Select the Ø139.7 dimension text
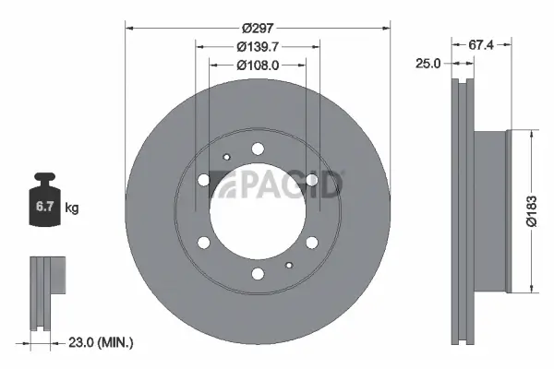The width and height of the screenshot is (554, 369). click(258, 46)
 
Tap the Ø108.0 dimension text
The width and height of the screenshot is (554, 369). click(258, 65)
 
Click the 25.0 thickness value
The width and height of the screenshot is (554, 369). click(428, 64)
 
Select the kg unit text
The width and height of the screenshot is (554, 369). click(71, 208)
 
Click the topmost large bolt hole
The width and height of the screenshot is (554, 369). click(258, 149)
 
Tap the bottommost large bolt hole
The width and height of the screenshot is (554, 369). click(258, 273)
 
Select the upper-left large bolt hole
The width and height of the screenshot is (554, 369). click(204, 180)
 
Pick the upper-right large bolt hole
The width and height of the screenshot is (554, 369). click(312, 180)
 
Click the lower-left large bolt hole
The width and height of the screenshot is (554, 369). click(204, 243)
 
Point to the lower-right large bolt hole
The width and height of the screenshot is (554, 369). click(312, 243)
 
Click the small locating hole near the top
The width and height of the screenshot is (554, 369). click(226, 157)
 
